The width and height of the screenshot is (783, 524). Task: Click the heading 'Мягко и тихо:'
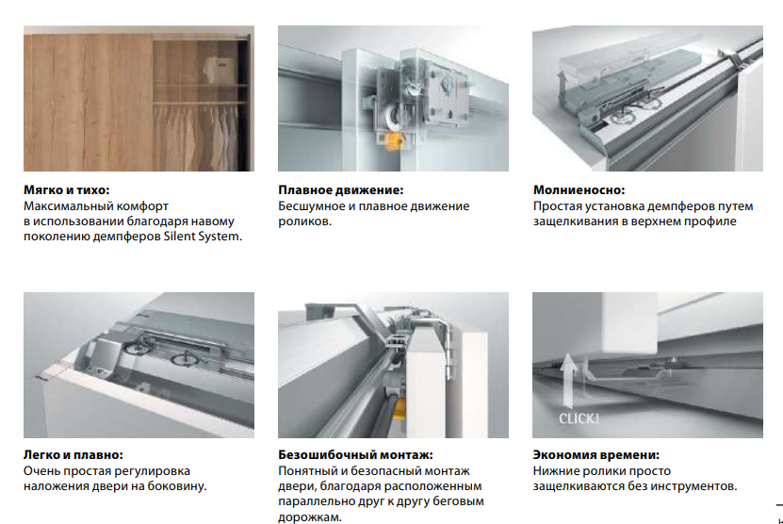[66, 190]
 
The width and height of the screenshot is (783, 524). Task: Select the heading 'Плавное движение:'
[340, 190]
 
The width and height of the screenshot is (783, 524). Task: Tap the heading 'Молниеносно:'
[579, 190]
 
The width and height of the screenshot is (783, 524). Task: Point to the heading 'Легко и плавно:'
[73, 455]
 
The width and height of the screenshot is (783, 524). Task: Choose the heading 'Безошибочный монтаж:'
[355, 455]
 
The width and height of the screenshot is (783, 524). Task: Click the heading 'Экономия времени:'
[595, 455]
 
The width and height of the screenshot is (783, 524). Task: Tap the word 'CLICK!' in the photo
[579, 418]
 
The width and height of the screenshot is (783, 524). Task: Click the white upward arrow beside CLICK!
[567, 379]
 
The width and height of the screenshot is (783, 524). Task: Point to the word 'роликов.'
[304, 221]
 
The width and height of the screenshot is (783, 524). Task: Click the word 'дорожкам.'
[310, 517]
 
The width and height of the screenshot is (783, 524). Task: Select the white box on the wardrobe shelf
[220, 71]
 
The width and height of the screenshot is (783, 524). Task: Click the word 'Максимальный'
[65, 206]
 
